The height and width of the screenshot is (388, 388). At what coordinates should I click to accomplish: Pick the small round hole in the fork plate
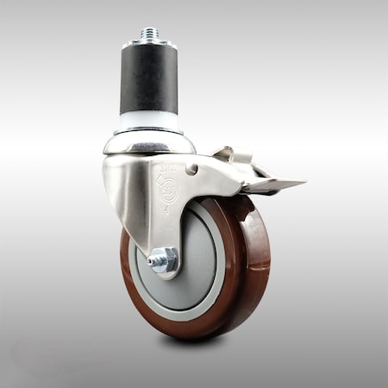click(x=192, y=170)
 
